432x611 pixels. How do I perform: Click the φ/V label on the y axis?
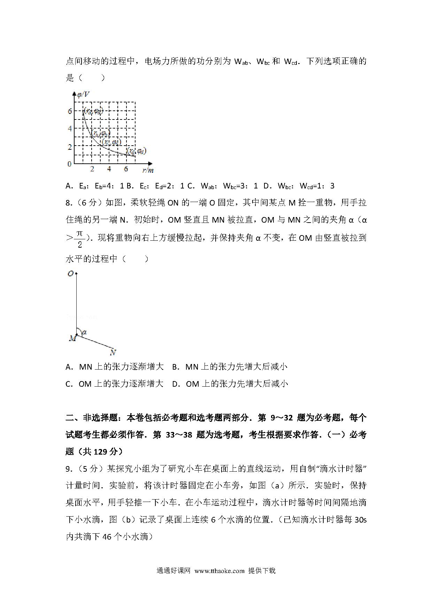(83, 94)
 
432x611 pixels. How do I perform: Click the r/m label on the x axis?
(148, 170)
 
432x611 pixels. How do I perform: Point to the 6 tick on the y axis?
(70, 111)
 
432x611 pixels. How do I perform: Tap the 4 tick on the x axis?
(109, 169)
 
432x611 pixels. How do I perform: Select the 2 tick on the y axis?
(70, 147)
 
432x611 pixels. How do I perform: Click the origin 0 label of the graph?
(69, 164)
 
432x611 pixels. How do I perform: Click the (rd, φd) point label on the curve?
(136, 151)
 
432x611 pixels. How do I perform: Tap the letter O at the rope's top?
(70, 274)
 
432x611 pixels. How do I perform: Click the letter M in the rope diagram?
(72, 338)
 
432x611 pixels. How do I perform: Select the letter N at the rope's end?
(113, 353)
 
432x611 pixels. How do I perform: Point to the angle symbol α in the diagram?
(84, 332)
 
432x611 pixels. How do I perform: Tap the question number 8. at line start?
(69, 203)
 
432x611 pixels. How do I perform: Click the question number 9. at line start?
(69, 469)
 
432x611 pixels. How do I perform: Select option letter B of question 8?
(176, 367)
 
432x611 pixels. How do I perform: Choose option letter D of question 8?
(176, 384)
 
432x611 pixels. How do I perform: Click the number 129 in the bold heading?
(101, 452)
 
